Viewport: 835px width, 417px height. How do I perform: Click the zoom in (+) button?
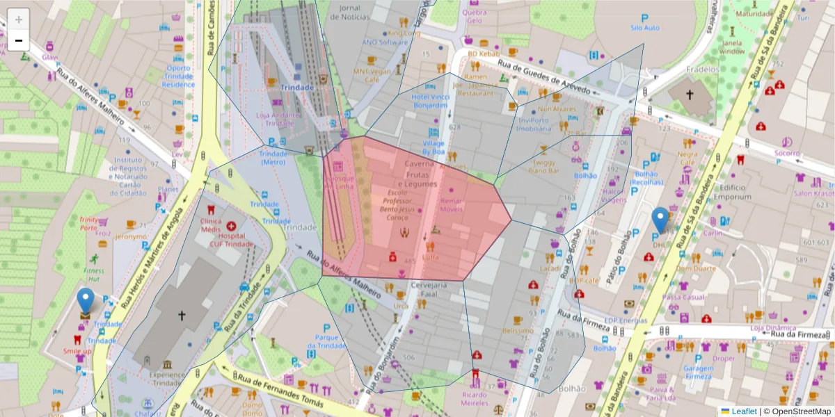point(19,19)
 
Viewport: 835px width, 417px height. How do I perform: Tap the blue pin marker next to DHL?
point(660,220)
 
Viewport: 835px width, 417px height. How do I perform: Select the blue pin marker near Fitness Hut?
point(86,301)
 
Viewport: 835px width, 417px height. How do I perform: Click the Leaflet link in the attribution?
point(743,411)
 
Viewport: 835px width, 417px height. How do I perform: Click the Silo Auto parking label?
point(644,28)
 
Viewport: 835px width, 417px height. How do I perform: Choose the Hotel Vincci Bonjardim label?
point(429,101)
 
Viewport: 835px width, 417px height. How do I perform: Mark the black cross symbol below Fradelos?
point(690,95)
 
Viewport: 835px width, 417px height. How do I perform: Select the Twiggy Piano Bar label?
point(544,165)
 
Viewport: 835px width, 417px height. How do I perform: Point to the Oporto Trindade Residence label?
point(178,76)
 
